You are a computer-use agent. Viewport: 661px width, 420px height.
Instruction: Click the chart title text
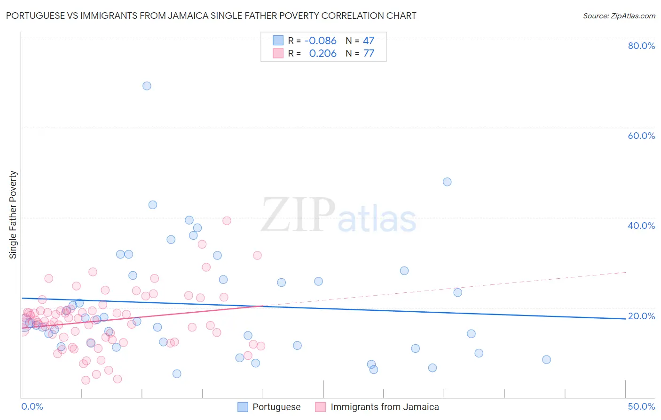tap(211, 16)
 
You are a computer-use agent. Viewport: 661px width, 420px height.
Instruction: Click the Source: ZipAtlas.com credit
tap(619, 16)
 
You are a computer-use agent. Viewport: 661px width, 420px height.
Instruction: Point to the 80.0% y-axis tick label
tap(641, 46)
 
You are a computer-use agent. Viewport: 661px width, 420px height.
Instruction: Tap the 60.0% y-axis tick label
tap(641, 136)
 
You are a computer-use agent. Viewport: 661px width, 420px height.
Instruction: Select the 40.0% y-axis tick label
tap(641, 226)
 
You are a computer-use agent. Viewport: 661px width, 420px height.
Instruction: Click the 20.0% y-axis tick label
tap(641, 316)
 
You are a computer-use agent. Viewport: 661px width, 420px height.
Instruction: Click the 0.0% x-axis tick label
tap(32, 406)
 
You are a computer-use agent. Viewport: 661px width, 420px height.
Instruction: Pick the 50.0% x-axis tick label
tap(641, 406)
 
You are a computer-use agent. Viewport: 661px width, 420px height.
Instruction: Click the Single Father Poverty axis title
tap(13, 215)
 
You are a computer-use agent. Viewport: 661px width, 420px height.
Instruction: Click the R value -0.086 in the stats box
tap(321, 41)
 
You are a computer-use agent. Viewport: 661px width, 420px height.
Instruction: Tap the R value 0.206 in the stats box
tap(323, 54)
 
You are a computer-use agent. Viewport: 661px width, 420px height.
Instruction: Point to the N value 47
tap(369, 41)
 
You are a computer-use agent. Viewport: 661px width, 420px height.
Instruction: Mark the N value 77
tap(369, 54)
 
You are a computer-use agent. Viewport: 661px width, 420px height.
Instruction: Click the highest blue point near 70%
tap(147, 86)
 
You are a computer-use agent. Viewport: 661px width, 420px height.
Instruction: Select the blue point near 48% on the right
tap(447, 182)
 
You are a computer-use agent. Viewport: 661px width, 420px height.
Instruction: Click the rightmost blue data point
tap(546, 360)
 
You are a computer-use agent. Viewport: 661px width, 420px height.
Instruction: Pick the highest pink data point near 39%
tap(227, 221)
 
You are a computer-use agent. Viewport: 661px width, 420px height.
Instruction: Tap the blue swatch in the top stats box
tap(278, 40)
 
